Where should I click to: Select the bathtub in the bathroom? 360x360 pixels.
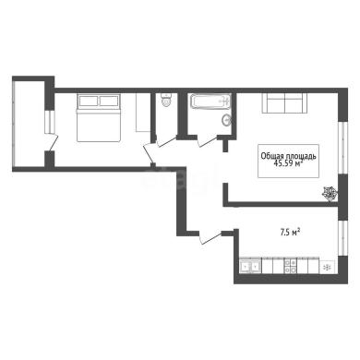pyautogui.click(x=210, y=102)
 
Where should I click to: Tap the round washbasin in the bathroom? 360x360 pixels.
pyautogui.click(x=227, y=120)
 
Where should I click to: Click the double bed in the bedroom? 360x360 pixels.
pyautogui.click(x=98, y=118)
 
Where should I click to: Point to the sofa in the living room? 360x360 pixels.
pyautogui.click(x=284, y=102)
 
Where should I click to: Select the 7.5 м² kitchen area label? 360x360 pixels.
pyautogui.click(x=290, y=233)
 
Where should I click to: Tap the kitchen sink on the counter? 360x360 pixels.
pyautogui.click(x=250, y=267)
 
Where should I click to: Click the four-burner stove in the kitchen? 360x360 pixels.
pyautogui.click(x=291, y=266)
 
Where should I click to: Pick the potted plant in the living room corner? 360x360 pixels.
pyautogui.click(x=330, y=194)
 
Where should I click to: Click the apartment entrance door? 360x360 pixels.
pyautogui.click(x=210, y=237)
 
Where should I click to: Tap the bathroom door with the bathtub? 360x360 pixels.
pyautogui.click(x=208, y=141)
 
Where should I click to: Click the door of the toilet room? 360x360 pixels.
pyautogui.click(x=166, y=140)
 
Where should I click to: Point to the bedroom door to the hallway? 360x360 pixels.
pyautogui.click(x=150, y=154)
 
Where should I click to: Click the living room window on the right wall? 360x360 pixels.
pyautogui.click(x=342, y=148)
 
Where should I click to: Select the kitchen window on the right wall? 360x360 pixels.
pyautogui.click(x=342, y=238)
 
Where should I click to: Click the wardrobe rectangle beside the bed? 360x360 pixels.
pyautogui.click(x=143, y=113)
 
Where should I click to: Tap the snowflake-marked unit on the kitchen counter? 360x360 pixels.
pyautogui.click(x=328, y=267)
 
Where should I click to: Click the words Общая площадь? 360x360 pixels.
pyautogui.click(x=288, y=156)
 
